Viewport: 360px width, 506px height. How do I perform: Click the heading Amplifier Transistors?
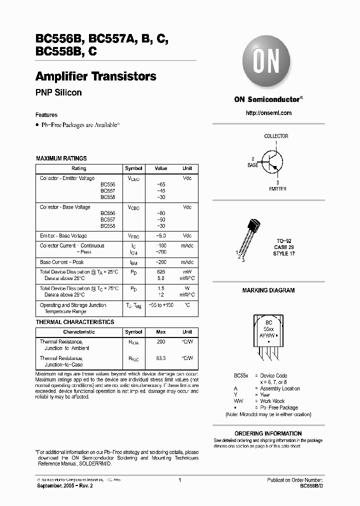95,76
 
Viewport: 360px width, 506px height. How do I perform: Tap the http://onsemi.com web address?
268,113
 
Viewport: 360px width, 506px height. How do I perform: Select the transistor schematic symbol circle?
272,161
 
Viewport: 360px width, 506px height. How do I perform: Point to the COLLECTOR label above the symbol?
276,136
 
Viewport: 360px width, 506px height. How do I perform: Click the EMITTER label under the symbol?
277,189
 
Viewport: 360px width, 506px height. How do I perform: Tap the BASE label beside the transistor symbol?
253,164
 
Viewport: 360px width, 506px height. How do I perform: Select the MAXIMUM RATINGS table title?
61,158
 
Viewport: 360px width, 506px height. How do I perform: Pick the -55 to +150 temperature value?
160,305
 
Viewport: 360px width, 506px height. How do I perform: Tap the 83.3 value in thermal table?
160,358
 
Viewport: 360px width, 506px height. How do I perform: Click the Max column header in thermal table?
160,332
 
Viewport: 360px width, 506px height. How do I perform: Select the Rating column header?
79,168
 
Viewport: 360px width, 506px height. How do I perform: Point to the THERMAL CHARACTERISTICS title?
75,322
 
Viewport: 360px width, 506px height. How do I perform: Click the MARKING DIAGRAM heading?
268,290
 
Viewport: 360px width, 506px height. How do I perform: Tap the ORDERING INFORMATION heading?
268,433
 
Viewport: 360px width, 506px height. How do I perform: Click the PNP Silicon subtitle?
58,92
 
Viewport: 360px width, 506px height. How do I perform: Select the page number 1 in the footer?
179,480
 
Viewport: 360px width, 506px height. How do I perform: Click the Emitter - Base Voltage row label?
63,235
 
